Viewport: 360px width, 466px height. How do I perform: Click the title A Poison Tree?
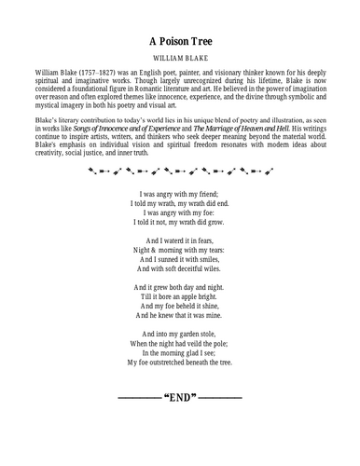tap(180, 41)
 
